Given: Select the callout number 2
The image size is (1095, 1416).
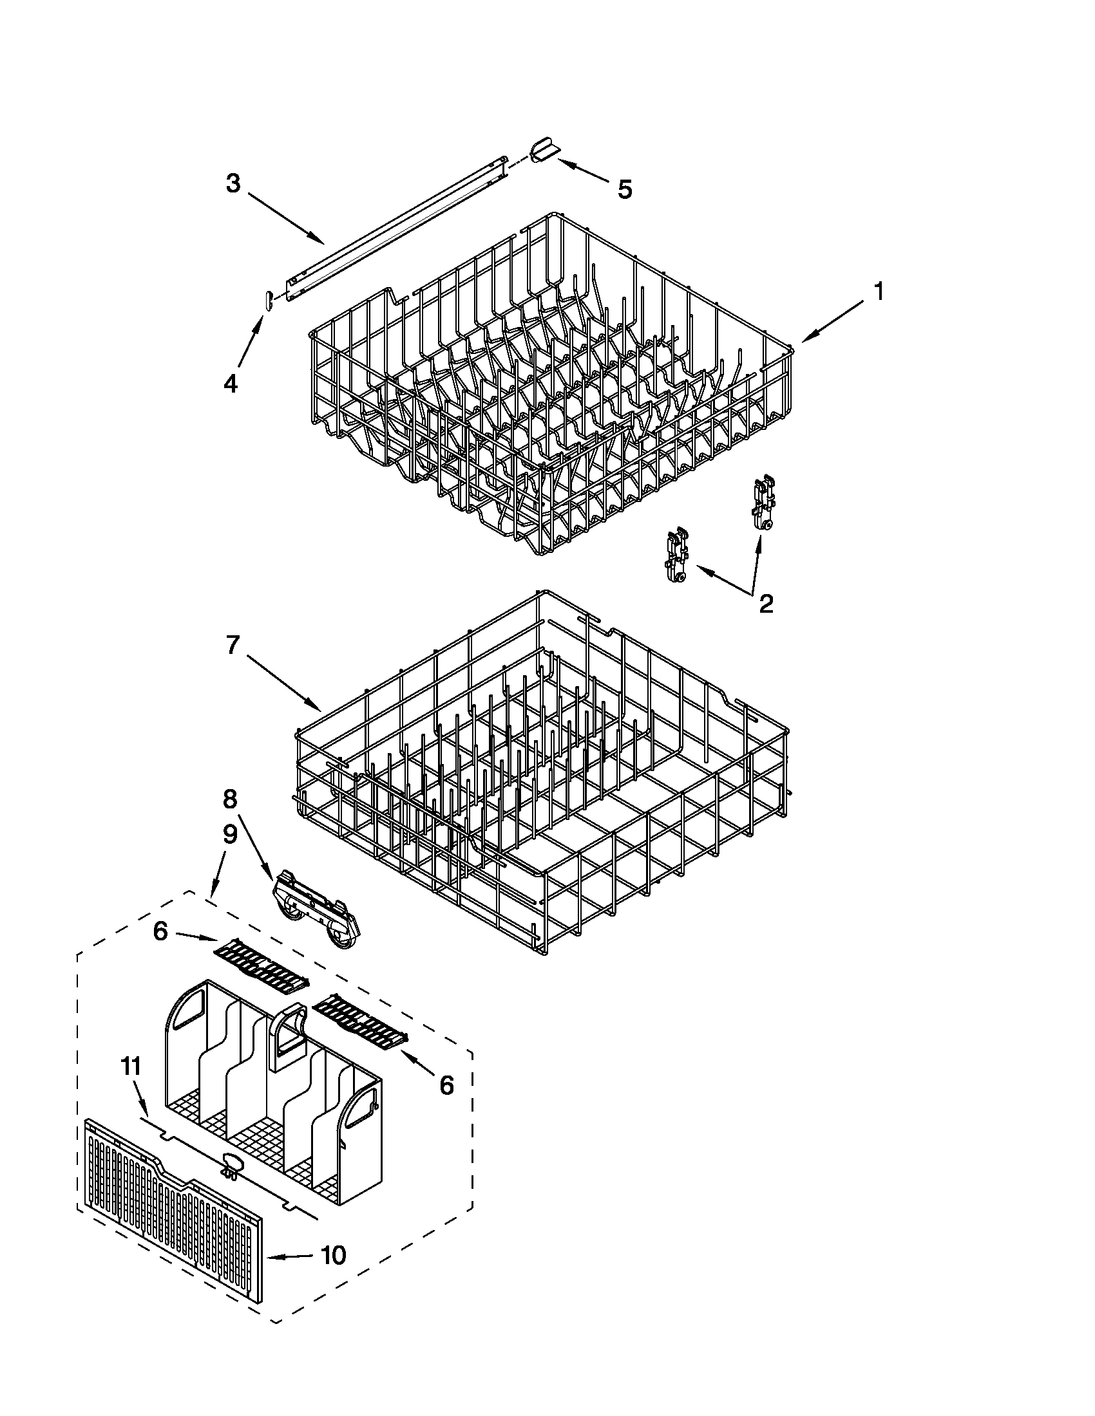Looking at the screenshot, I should tap(765, 604).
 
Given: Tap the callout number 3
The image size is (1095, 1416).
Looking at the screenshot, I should tap(233, 183).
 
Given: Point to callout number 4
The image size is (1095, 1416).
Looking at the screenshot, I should tap(231, 384).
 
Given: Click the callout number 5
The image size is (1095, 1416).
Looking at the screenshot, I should tap(624, 190).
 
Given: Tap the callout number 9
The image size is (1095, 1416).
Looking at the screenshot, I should tap(231, 835).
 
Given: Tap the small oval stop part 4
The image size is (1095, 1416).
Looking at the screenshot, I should tap(266, 301).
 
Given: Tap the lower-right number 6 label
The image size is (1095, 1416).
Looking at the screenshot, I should tap(446, 1085).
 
